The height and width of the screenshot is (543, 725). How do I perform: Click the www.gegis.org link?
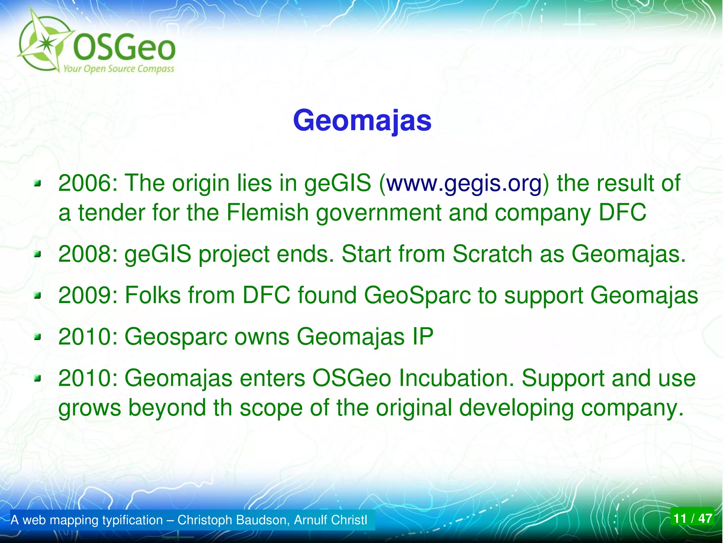464,183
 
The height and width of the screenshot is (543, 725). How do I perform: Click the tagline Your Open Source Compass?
119,69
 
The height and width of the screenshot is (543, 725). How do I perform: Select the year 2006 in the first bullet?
84,183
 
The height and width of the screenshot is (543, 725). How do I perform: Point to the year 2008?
84,254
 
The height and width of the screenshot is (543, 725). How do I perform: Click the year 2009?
84,295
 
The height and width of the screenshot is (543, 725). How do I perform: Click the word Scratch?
492,254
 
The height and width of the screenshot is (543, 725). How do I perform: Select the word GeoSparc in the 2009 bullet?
418,295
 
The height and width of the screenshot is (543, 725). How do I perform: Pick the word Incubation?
456,378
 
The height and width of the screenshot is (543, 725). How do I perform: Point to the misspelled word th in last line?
222,408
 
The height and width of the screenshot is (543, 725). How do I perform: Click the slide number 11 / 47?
692,519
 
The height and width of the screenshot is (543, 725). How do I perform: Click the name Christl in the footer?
348,520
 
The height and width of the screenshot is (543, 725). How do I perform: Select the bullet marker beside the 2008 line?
38,254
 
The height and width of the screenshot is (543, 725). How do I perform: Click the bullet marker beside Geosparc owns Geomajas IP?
38,337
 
